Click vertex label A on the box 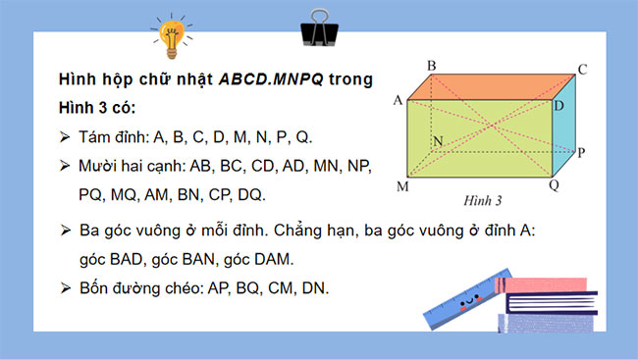(x=398, y=100)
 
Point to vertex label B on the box (x=431, y=65)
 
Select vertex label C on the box (x=582, y=69)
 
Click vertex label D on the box (x=558, y=105)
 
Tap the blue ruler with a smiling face (x=460, y=302)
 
